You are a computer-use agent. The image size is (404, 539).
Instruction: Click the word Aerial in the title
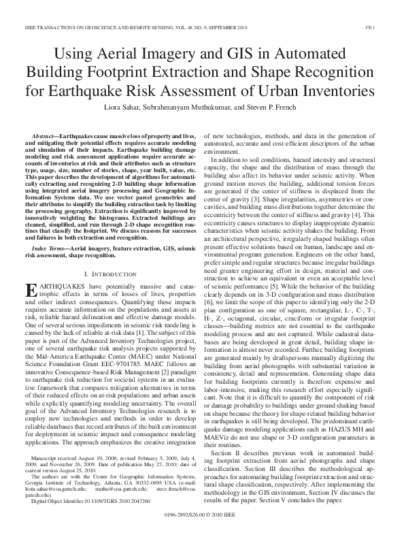(141, 54)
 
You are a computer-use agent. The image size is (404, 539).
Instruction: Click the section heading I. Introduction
(107, 273)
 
